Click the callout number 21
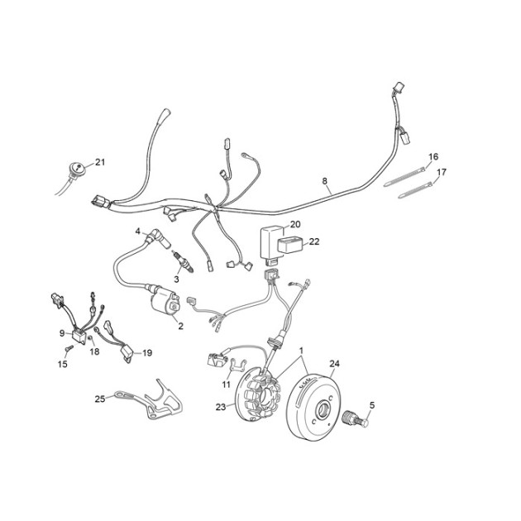[100, 162]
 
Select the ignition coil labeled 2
[165, 299]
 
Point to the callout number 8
[325, 181]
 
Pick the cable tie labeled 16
[404, 176]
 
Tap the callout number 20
[295, 224]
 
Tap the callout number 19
[147, 353]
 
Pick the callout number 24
[335, 364]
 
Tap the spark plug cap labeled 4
[156, 236]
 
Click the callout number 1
[301, 351]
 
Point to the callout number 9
[62, 332]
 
